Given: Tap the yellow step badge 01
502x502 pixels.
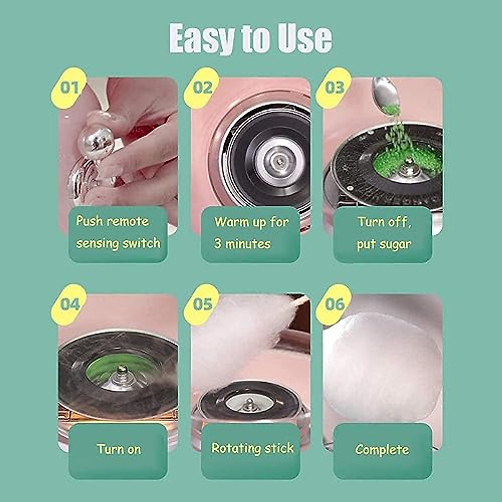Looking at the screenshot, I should point(69,88).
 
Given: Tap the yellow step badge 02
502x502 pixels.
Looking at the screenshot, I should point(202,88).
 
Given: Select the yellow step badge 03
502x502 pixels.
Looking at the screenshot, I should point(334,88).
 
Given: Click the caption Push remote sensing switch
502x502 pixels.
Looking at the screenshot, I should point(118,233).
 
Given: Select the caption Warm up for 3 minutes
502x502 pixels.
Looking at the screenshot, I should point(251,233).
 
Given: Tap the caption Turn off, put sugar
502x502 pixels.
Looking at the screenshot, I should point(383,233).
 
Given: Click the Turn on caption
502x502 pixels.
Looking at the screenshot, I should point(118,450).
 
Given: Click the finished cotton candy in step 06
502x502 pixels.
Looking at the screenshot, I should point(382,364).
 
